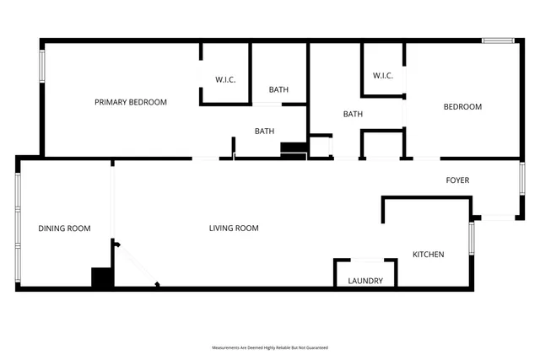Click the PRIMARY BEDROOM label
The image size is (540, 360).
click(x=130, y=102)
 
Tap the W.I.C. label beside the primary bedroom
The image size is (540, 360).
click(x=225, y=80)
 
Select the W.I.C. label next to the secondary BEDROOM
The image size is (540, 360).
click(x=383, y=76)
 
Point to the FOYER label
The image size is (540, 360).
click(x=457, y=180)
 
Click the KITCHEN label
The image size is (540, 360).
click(x=428, y=255)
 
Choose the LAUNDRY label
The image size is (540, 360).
click(x=365, y=281)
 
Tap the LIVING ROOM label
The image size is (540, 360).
click(x=234, y=228)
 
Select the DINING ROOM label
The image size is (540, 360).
click(x=64, y=228)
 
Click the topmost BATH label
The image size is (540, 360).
click(x=278, y=89)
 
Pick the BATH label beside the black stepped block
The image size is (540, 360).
click(x=265, y=131)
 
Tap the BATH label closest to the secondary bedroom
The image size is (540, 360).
click(x=353, y=115)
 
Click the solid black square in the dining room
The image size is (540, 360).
click(x=102, y=278)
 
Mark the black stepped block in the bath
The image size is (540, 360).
click(x=293, y=150)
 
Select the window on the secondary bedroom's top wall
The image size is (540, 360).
click(x=498, y=40)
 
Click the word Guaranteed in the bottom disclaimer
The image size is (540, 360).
click(x=317, y=347)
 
